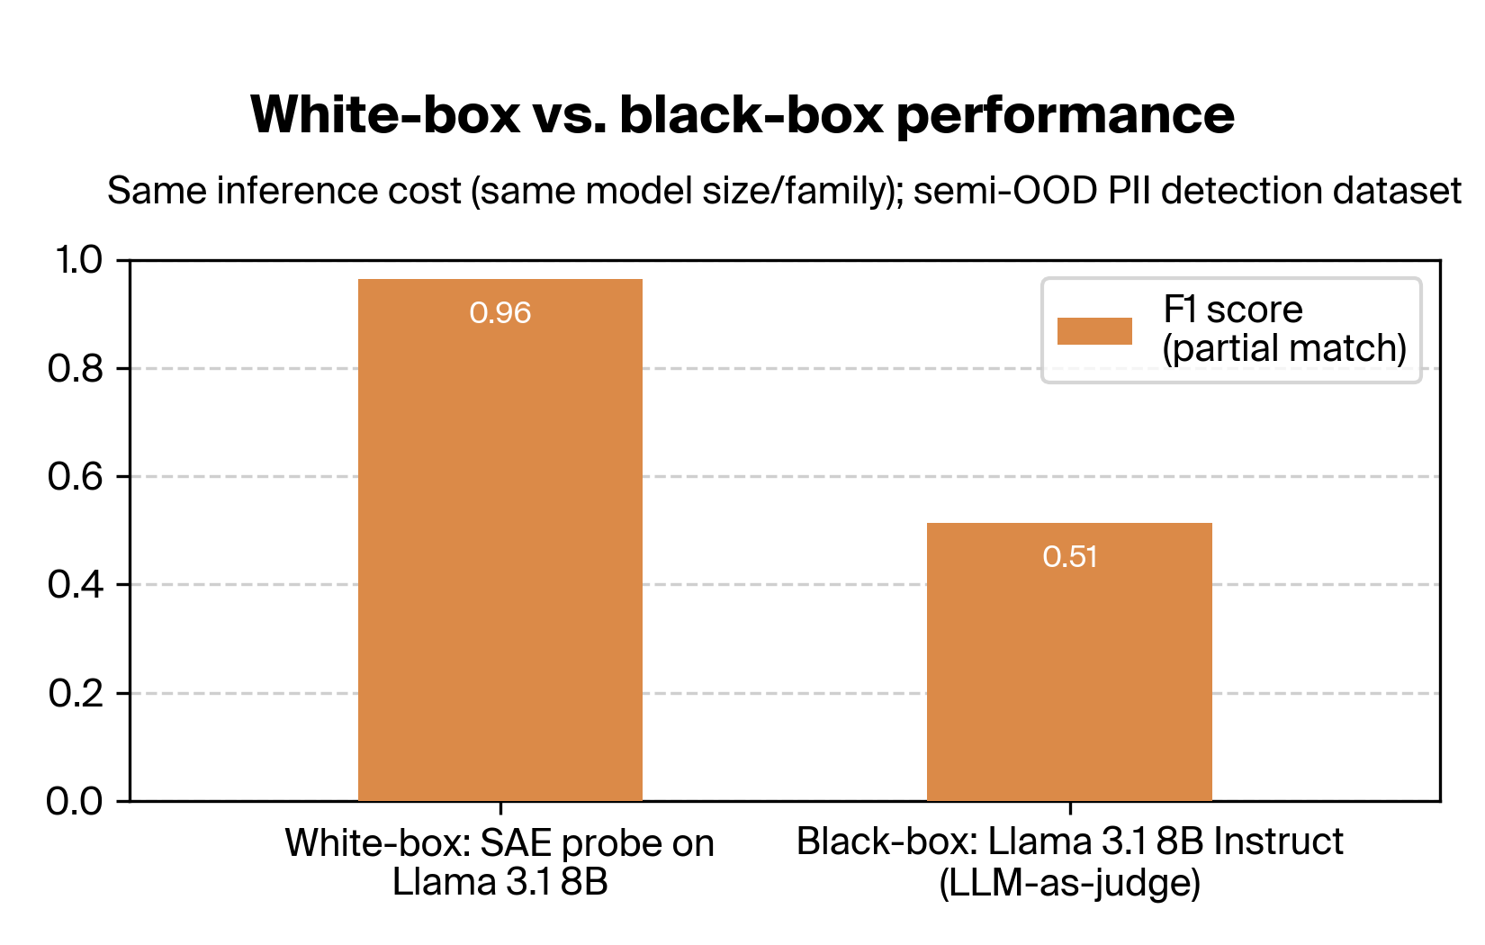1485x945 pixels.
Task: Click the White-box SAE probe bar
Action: pos(500,540)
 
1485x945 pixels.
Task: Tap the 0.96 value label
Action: pos(500,313)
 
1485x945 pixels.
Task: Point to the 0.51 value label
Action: pos(1069,557)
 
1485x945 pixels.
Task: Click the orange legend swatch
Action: pos(1094,331)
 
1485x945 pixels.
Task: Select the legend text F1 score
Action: pos(1232,310)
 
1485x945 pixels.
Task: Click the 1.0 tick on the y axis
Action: pos(79,261)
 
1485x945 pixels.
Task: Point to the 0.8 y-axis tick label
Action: pos(76,369)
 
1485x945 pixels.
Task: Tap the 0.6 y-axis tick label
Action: pos(76,477)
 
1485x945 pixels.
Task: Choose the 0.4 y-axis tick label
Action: pos(76,585)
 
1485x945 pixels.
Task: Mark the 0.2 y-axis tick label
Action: pos(76,694)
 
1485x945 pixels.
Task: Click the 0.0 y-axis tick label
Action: pos(76,801)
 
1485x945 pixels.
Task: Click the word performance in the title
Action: pos(1066,115)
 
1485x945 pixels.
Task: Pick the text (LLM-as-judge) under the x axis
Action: pos(1069,883)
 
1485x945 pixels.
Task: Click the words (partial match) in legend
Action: pos(1283,349)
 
